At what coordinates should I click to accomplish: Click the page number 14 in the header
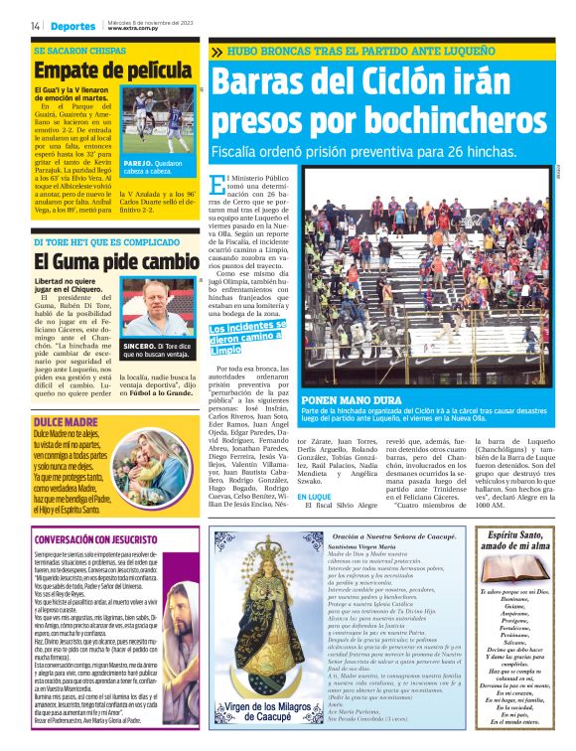click(x=36, y=26)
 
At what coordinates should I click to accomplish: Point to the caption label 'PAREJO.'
click(x=138, y=162)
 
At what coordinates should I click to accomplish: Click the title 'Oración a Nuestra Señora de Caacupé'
click(x=381, y=535)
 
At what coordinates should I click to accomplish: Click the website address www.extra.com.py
click(x=135, y=29)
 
